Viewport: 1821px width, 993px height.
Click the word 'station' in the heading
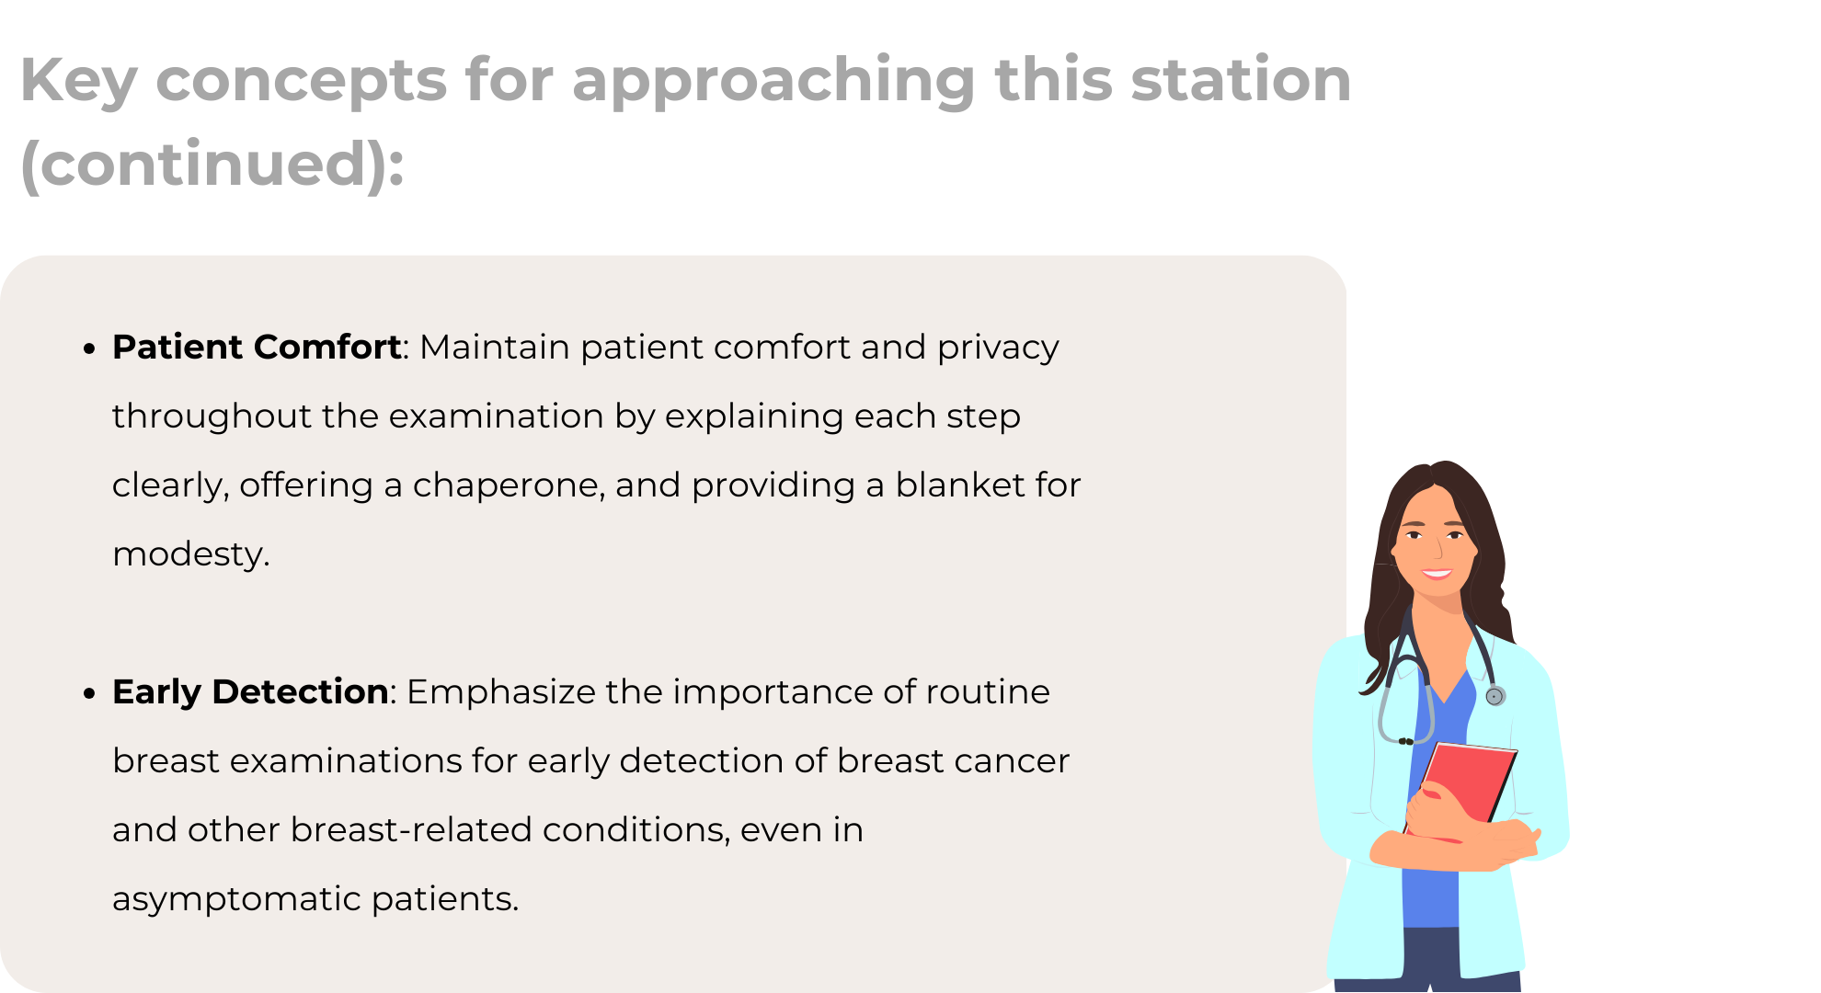1241,79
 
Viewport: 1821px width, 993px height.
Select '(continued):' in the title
212,165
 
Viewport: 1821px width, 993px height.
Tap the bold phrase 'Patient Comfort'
257,348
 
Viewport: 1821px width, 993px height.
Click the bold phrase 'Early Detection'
250,692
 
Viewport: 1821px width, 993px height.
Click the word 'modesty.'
191,554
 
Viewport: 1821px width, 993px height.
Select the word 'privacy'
998,348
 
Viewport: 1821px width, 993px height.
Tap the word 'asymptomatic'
236,899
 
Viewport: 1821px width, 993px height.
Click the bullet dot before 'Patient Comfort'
89,348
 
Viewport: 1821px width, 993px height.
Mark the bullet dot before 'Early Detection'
89,693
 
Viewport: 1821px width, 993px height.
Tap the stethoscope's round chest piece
1495,696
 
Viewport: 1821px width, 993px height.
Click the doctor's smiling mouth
1436,575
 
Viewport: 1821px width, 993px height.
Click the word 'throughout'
212,417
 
